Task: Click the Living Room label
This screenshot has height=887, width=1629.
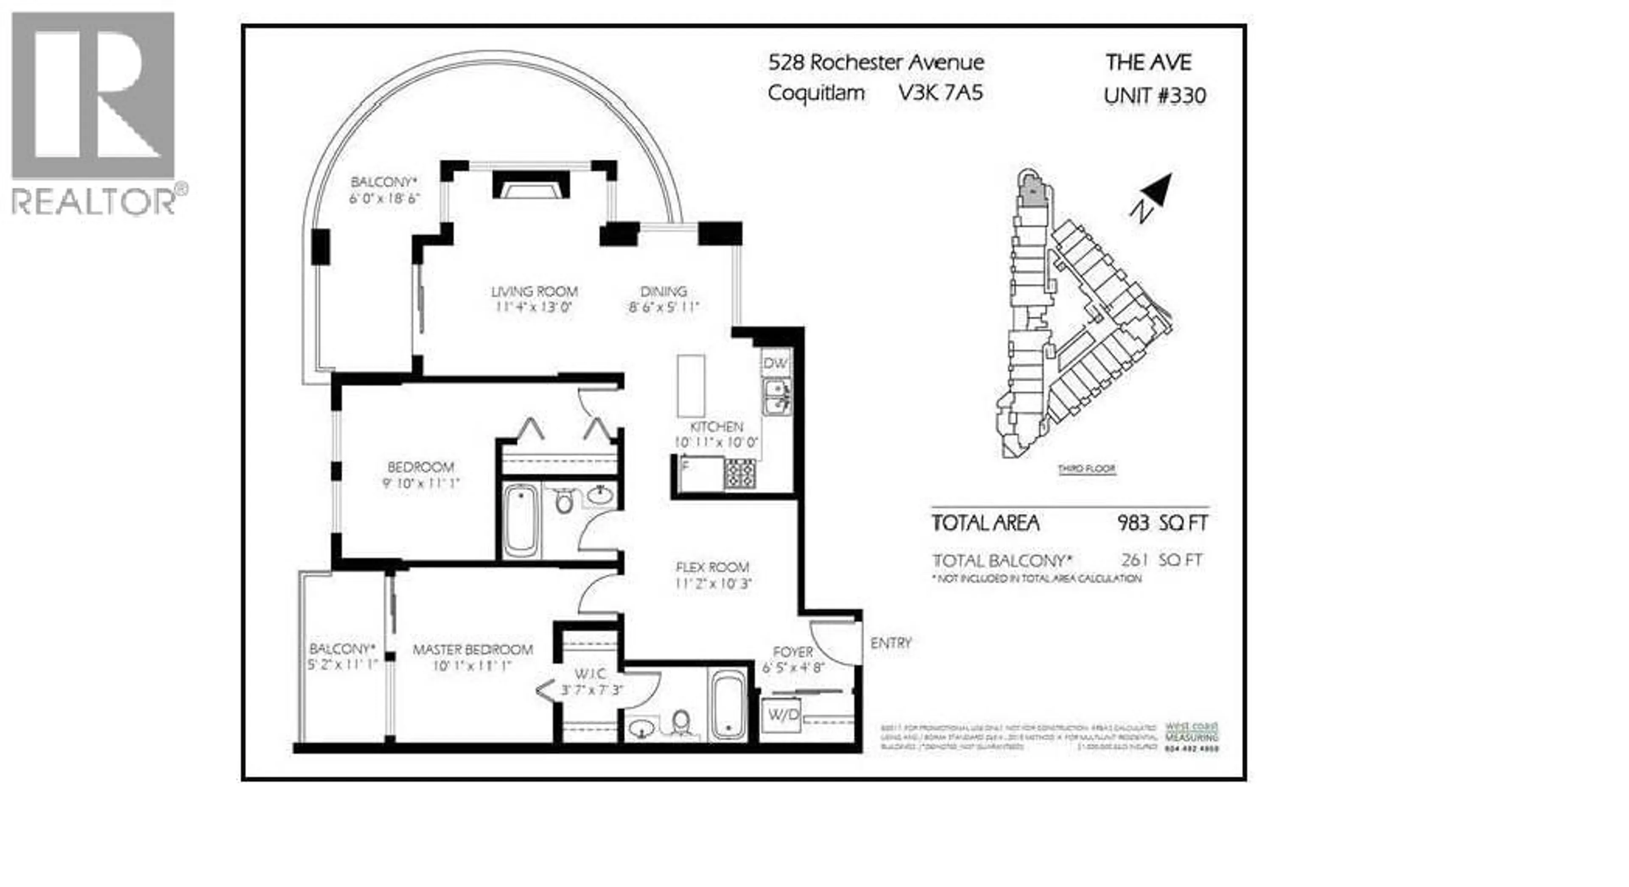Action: (x=535, y=292)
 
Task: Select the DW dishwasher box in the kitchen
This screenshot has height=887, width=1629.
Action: (x=775, y=364)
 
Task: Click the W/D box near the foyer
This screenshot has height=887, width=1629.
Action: (x=783, y=715)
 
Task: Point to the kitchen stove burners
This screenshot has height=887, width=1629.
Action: (x=740, y=474)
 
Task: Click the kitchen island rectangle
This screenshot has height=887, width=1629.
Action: (x=691, y=385)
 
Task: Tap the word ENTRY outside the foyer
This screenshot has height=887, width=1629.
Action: (x=890, y=643)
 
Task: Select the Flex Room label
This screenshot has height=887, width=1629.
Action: (x=712, y=567)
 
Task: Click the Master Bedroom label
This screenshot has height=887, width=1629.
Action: (x=473, y=650)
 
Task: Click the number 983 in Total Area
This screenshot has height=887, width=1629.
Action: (x=1133, y=523)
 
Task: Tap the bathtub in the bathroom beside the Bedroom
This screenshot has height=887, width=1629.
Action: (x=521, y=521)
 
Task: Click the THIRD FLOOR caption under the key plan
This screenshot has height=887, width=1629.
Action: (x=1086, y=469)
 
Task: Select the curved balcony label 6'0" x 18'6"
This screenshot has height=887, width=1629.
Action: (x=384, y=199)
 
